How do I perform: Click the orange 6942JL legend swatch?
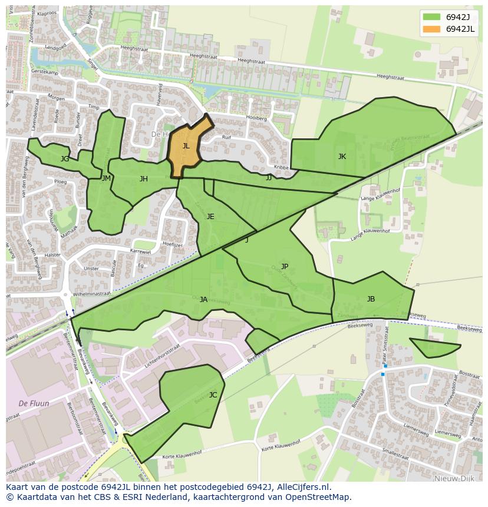(432, 29)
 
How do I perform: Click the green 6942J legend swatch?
(432, 16)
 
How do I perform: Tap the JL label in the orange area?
(186, 146)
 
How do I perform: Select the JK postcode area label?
(342, 157)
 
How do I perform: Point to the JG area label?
(65, 159)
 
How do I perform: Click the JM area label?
(106, 178)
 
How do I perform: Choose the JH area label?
(143, 179)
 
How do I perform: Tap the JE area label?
(210, 217)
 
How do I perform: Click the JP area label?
(285, 267)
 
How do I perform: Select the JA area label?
(203, 300)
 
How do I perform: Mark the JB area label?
(371, 299)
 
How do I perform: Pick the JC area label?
(213, 395)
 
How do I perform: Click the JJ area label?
(269, 177)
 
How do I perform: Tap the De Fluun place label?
(34, 403)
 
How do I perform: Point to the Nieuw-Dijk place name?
(454, 479)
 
